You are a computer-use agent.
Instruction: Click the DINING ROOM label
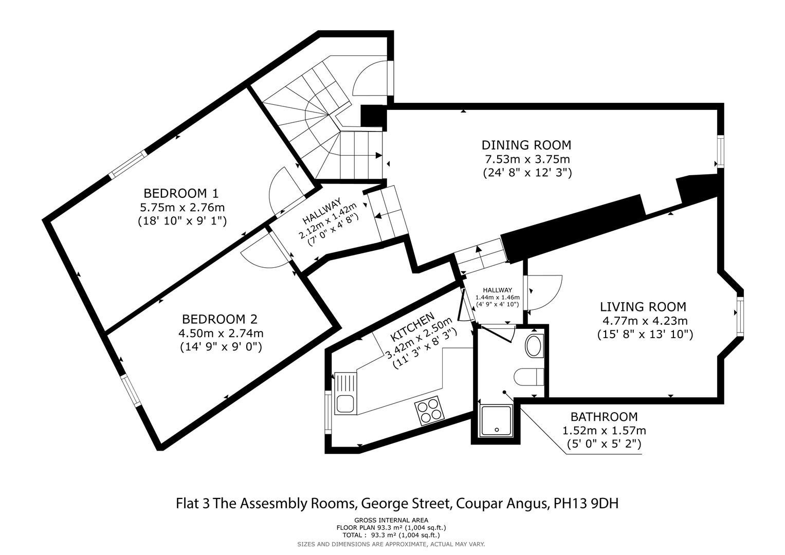click(x=526, y=145)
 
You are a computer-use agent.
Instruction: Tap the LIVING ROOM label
click(x=643, y=307)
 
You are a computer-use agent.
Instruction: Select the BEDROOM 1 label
click(x=181, y=193)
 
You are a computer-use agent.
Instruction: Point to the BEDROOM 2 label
click(x=220, y=319)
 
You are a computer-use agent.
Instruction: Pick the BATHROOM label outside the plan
click(x=604, y=417)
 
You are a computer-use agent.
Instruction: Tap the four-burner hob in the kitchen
click(x=429, y=411)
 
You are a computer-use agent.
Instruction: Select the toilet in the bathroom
click(x=529, y=377)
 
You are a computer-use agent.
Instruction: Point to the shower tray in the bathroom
click(x=496, y=420)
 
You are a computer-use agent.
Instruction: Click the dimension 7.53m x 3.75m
click(x=527, y=159)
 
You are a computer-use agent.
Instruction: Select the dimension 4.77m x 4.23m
click(x=645, y=321)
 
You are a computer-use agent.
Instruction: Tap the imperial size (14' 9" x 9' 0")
click(x=221, y=347)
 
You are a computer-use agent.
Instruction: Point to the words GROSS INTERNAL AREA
click(x=391, y=520)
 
